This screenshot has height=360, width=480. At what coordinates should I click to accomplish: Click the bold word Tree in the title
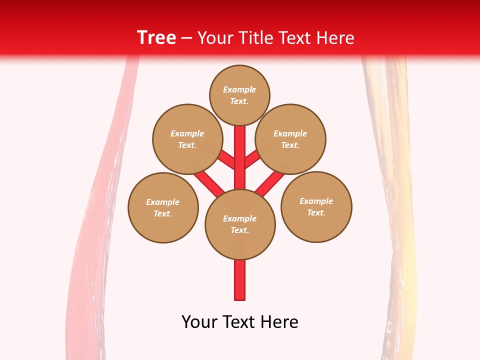click(x=156, y=37)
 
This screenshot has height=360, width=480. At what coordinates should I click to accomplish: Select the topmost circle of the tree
click(x=239, y=95)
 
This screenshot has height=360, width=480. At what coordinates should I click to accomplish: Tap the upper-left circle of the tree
click(x=187, y=139)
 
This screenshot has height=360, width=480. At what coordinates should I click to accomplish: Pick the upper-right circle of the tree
click(x=290, y=139)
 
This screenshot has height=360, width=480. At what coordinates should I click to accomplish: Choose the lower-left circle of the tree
click(x=163, y=207)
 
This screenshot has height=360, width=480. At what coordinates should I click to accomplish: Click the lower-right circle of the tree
click(x=316, y=206)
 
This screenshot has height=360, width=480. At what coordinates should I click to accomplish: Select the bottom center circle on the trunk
click(x=240, y=224)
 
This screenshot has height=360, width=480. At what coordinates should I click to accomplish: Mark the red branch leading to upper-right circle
click(x=253, y=159)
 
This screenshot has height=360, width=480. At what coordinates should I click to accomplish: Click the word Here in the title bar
click(x=335, y=38)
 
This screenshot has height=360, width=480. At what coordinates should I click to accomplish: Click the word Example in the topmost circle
click(x=239, y=89)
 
